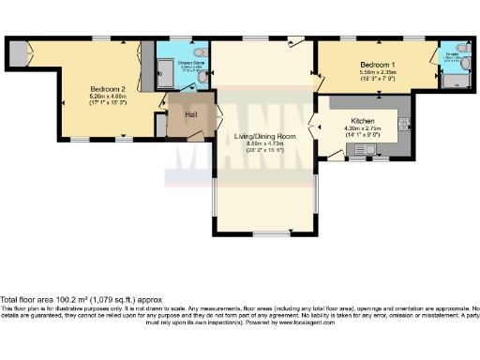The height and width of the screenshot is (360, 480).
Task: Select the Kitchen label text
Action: pyautogui.click(x=363, y=122)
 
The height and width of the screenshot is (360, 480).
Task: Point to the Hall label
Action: pyautogui.click(x=190, y=114)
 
